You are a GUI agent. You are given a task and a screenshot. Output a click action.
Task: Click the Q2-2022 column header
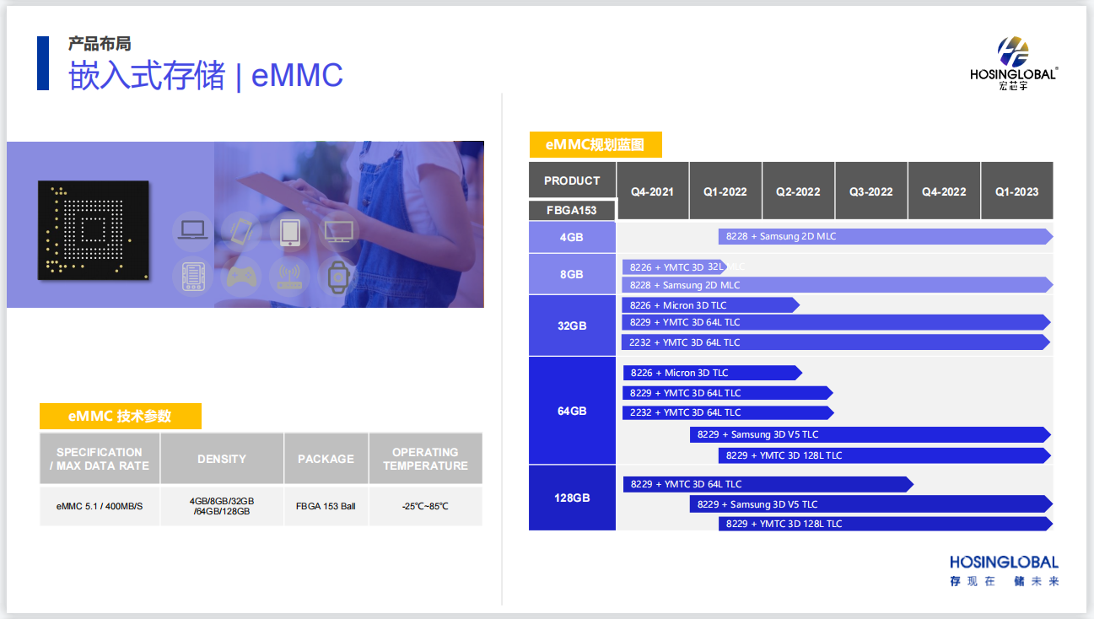coord(798,191)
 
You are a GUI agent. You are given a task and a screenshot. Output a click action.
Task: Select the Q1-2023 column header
coord(1017,191)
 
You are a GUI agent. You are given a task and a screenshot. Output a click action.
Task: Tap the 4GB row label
coord(572,237)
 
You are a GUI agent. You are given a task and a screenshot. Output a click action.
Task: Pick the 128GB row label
coord(572,498)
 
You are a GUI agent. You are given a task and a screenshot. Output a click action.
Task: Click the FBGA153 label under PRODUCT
coord(571,210)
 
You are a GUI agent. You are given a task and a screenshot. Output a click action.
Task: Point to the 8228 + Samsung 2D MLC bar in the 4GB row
coord(886,236)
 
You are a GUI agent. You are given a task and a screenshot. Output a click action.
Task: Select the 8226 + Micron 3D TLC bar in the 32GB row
coord(710,305)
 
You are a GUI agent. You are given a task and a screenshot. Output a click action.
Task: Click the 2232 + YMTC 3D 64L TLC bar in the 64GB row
coord(728,412)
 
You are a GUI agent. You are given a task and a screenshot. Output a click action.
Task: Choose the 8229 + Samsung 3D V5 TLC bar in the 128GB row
coord(870,503)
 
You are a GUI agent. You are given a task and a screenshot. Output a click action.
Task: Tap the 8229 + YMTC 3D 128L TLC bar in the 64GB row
coord(885,455)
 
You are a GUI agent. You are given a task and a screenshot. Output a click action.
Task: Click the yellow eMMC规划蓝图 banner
coord(596,144)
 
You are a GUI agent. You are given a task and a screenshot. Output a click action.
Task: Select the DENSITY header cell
coord(222,459)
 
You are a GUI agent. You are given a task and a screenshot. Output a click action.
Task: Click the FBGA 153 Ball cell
coord(326,506)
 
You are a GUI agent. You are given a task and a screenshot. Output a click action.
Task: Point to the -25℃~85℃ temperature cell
coord(425,506)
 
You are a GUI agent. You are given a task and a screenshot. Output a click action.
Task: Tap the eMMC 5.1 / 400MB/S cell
coord(100,506)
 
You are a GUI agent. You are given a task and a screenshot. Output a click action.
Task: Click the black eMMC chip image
coord(94,230)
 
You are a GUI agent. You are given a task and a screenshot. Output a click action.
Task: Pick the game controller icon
coord(241,277)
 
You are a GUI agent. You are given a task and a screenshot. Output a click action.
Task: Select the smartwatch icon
coord(338,277)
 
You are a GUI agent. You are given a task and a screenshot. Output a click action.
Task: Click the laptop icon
coord(192,230)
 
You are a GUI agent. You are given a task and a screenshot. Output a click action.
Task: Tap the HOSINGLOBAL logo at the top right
coord(1013,63)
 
